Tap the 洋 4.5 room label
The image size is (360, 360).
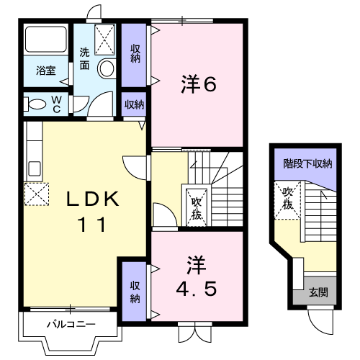click(197, 276)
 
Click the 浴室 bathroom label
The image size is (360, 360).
click(46, 71)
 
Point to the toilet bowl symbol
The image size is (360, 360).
click(36, 104)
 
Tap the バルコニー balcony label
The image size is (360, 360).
click(71, 324)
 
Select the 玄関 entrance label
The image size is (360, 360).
click(318, 292)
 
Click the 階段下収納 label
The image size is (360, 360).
click(307, 163)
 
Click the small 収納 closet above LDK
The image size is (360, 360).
click(134, 104)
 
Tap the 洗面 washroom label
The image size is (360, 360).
click(85, 59)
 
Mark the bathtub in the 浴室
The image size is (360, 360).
click(46, 40)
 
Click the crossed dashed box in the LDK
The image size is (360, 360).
click(36, 192)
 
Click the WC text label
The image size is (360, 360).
click(55, 104)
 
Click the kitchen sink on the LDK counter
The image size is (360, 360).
click(34, 171)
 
